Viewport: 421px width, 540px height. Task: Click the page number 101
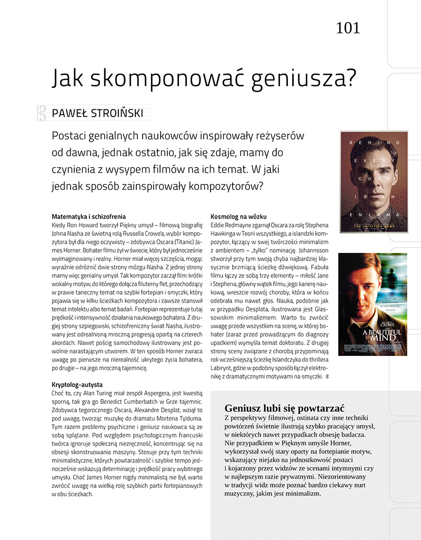348,27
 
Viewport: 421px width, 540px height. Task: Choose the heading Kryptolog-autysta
77,385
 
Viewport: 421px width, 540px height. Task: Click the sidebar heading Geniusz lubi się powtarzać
284,408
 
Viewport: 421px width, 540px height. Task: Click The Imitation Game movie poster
374,182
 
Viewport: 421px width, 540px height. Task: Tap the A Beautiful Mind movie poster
373,304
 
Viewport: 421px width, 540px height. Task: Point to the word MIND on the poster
375,339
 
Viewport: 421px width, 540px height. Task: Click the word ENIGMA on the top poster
374,216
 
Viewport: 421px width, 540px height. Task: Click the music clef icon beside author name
41,113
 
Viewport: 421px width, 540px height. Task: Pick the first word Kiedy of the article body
60,224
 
